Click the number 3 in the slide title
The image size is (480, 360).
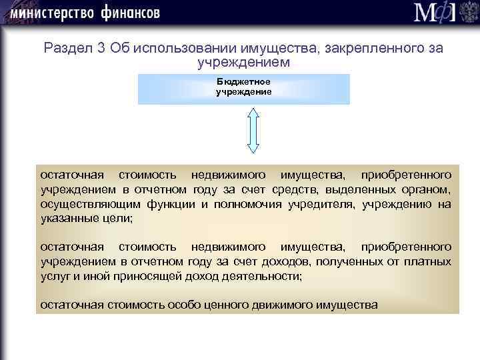click(96, 49)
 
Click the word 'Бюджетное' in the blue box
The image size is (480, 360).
click(243, 81)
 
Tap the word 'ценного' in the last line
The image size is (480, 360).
click(206, 305)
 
